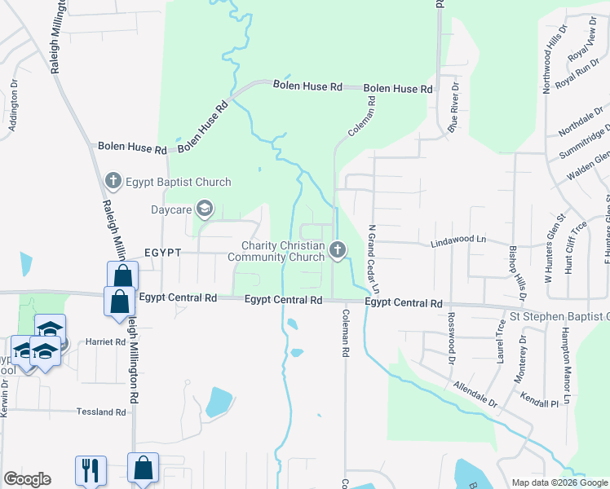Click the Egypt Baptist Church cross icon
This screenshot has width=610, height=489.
pyautogui.click(x=113, y=181)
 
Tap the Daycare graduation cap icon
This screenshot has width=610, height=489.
pyautogui.click(x=204, y=210)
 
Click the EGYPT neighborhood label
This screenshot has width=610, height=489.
pyautogui.click(x=162, y=253)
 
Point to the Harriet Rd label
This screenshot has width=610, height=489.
pyautogui.click(x=106, y=342)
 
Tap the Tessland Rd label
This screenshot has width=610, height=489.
pyautogui.click(x=101, y=412)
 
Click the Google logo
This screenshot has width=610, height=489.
pyautogui.click(x=27, y=479)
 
